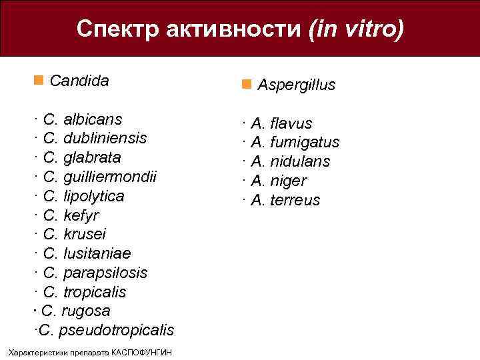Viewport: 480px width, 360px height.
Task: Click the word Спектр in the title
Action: point(117,29)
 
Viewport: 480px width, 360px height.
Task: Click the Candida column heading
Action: point(79,81)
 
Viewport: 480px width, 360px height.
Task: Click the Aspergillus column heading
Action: point(296,85)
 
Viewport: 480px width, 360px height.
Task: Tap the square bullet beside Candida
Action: point(37,81)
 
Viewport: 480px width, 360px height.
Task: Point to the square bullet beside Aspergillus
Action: point(246,85)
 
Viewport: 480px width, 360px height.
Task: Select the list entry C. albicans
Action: point(81,120)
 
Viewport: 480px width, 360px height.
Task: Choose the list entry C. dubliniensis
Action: point(94,139)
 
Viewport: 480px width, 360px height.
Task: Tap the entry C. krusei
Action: point(73,235)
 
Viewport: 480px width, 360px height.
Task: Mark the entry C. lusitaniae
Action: point(86,254)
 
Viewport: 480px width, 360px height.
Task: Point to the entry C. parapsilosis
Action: point(95,273)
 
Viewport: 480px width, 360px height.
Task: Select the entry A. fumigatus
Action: point(295,143)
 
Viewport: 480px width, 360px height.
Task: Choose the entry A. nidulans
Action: point(290,161)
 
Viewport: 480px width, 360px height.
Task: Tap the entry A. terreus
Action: point(285,200)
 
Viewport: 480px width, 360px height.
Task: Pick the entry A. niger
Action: point(279,181)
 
